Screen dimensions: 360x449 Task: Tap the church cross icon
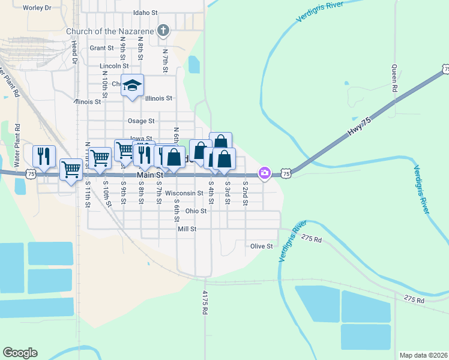coord(163,30)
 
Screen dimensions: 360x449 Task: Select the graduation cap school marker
coord(132,85)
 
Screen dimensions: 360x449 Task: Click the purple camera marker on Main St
coord(264,173)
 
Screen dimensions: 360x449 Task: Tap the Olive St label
coord(262,246)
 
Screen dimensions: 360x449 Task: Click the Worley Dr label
coord(37,8)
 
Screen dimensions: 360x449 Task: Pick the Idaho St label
coord(146,12)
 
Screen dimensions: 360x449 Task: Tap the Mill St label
coord(187,229)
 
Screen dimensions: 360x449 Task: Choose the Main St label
coord(150,175)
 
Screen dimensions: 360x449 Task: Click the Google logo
coord(20,353)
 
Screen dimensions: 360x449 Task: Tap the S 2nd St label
coord(246,193)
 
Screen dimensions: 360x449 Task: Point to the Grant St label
coord(101,48)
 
